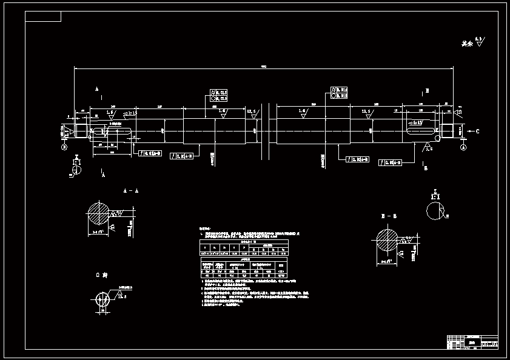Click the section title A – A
[131, 191]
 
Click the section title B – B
[389, 216]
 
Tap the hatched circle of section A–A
[99, 213]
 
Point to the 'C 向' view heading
[101, 275]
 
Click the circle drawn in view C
[101, 298]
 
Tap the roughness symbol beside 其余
[480, 42]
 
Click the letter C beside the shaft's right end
[477, 131]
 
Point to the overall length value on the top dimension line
[263, 66]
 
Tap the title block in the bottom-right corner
[472, 342]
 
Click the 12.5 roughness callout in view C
[122, 296]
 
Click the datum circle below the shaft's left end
[64, 147]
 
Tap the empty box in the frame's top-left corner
[43, 16]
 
